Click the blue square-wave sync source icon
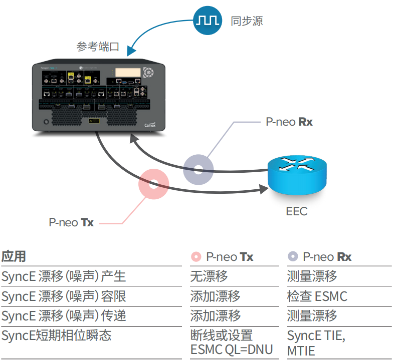(208, 21)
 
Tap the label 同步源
(247, 21)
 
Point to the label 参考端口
(98, 47)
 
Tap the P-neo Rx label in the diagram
(289, 122)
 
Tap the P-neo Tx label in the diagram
(71, 222)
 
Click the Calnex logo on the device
(150, 126)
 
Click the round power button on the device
(46, 122)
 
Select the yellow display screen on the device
(127, 73)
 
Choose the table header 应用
(14, 256)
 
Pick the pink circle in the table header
(196, 257)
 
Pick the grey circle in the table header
(292, 257)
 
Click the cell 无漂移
(209, 276)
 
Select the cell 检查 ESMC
(317, 296)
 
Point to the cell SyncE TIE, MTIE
(316, 342)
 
